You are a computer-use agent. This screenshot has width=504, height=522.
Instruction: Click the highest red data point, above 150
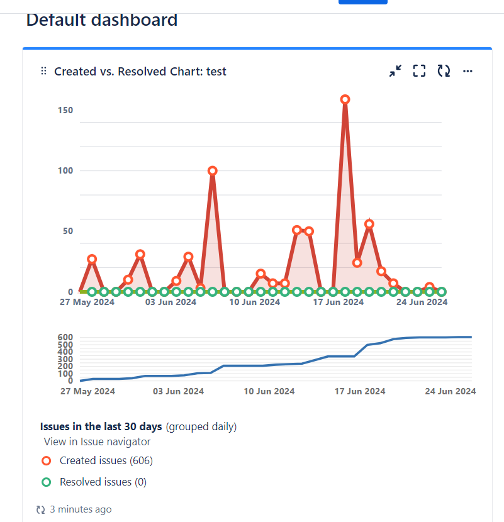click(x=345, y=99)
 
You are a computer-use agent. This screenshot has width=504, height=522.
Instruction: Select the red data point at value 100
click(x=213, y=170)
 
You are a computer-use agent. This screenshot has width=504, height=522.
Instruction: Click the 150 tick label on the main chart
click(x=66, y=110)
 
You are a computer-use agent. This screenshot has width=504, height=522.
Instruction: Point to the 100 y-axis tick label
click(x=66, y=170)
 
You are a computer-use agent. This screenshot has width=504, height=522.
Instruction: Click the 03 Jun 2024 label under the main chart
click(x=171, y=302)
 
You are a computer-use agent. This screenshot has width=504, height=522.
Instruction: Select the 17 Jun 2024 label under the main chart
click(x=338, y=302)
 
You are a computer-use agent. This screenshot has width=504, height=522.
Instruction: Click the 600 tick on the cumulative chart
click(x=66, y=337)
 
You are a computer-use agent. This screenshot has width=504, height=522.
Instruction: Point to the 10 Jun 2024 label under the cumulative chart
click(x=269, y=391)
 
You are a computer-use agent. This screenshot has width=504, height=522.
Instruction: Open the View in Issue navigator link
click(x=97, y=441)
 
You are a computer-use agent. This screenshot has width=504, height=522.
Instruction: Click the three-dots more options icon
click(x=468, y=71)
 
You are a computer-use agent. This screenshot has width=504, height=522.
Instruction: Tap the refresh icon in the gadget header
click(x=444, y=71)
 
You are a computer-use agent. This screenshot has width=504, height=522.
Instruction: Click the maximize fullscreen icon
click(x=419, y=71)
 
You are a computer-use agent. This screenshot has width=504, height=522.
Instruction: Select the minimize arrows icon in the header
click(x=395, y=71)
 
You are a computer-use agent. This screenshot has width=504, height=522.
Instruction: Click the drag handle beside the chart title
click(x=43, y=71)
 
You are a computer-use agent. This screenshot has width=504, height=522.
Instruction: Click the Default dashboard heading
click(x=102, y=20)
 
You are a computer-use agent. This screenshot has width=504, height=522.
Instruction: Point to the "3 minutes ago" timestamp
click(x=81, y=509)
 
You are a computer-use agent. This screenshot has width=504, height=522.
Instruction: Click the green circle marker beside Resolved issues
click(x=46, y=482)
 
